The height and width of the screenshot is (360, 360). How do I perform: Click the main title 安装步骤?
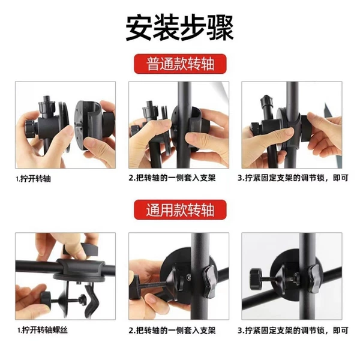point(180,28)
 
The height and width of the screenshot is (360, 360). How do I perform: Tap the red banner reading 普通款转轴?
point(180,64)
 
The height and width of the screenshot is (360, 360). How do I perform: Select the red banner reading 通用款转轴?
point(180,209)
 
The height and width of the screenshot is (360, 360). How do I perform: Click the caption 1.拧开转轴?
point(34,179)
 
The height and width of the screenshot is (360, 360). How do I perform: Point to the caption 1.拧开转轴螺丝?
point(43,330)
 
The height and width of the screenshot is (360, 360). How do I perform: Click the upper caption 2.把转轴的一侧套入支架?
point(172,178)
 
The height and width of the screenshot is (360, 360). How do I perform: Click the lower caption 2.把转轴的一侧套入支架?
point(172,331)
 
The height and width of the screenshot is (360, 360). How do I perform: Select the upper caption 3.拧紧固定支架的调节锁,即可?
point(293,178)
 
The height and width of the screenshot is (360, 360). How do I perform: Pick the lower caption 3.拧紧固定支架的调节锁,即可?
point(293,331)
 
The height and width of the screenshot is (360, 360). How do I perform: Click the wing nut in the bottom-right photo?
point(314,278)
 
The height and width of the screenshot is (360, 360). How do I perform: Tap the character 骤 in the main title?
point(220,28)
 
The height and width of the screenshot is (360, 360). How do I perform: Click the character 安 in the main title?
point(139,28)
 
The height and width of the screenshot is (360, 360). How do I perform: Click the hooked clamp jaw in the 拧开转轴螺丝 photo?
point(91,298)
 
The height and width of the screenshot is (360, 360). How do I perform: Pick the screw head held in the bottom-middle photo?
point(134,287)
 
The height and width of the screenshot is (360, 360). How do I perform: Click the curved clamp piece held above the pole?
point(81,250)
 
